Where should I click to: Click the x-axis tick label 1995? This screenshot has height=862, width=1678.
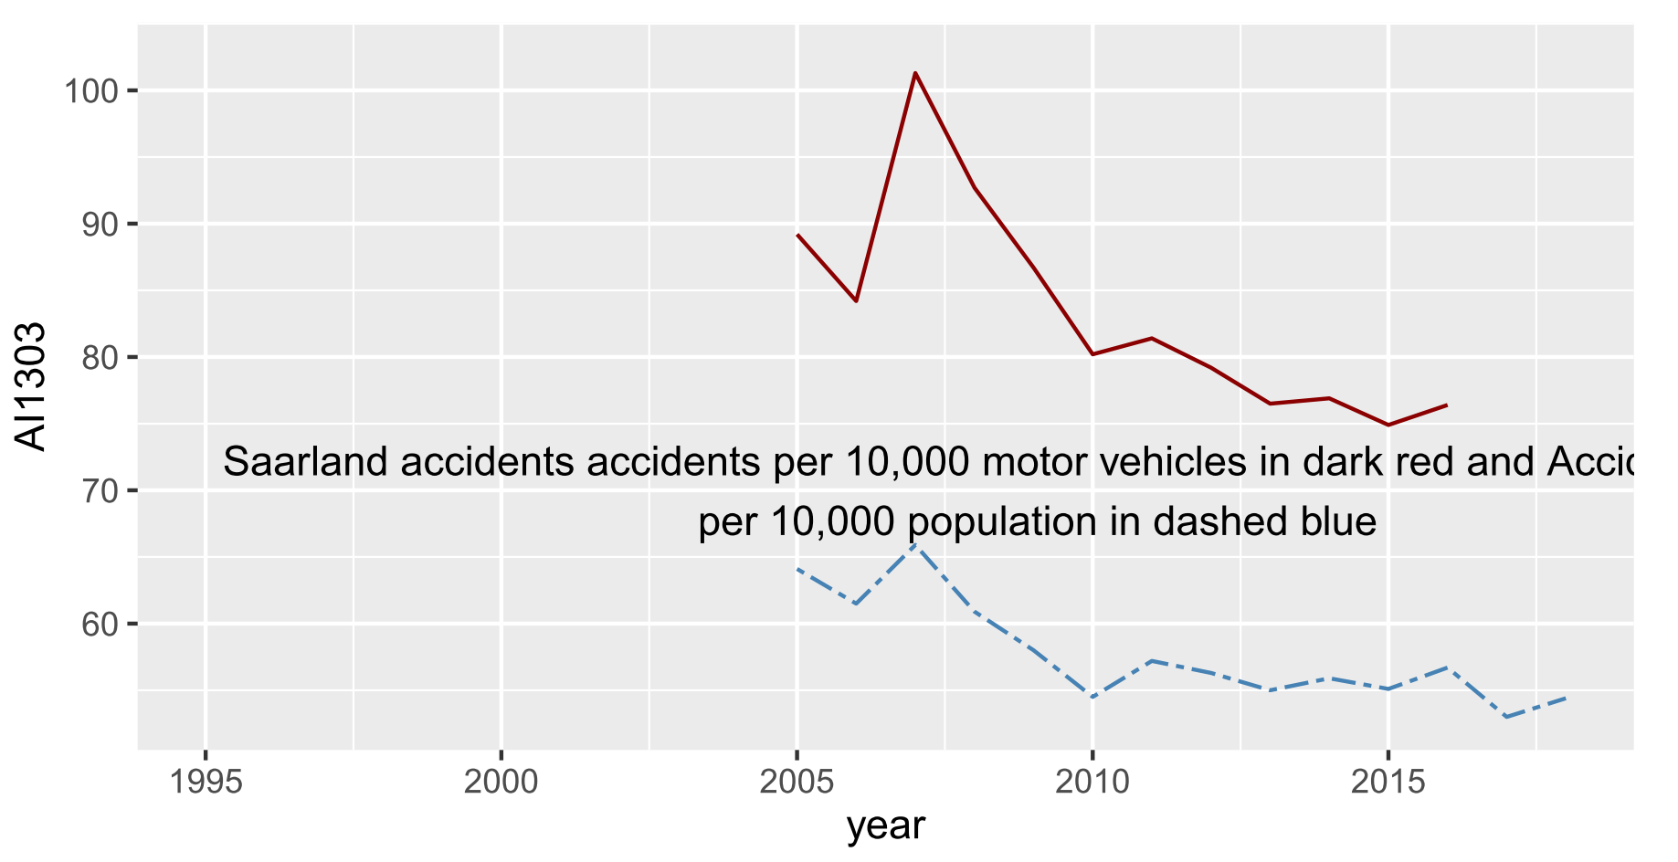[206, 783]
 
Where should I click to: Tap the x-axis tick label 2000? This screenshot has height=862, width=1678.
[501, 783]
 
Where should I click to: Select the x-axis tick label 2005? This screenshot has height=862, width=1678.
[797, 783]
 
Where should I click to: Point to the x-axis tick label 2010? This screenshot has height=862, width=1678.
[1092, 783]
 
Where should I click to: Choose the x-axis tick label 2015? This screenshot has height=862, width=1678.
[1388, 783]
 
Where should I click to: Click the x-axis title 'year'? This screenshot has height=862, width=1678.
[885, 826]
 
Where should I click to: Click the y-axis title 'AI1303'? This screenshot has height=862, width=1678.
[32, 386]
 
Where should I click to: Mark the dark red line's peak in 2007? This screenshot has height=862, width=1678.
[914, 73]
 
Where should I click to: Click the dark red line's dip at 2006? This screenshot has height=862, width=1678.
[856, 300]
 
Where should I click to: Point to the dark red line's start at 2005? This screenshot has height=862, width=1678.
[797, 235]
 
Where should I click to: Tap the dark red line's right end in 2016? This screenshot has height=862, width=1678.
[1446, 405]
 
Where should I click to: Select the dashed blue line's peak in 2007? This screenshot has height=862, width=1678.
[914, 545]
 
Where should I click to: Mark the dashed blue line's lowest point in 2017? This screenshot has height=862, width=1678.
[1505, 717]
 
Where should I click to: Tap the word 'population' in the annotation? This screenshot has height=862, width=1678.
[1003, 522]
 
